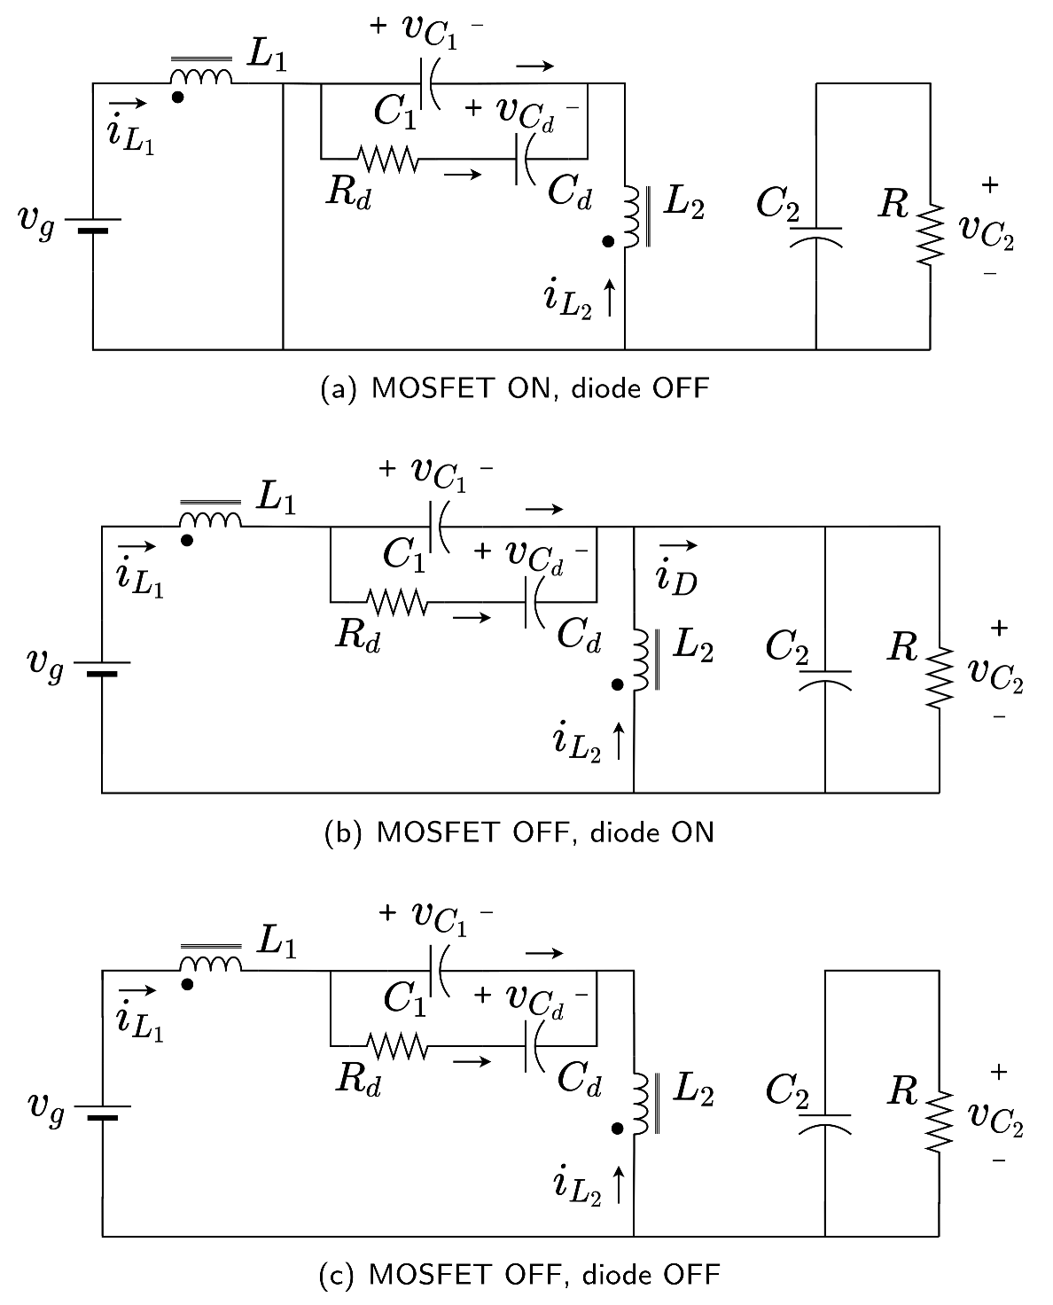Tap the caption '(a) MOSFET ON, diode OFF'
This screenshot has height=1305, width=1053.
[514, 388]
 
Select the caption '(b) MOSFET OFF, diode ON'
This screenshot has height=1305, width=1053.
[519, 832]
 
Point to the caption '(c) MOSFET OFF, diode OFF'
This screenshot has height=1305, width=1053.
[519, 1275]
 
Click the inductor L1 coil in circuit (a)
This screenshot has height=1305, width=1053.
[201, 77]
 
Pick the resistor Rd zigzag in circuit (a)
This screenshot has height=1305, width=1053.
[387, 160]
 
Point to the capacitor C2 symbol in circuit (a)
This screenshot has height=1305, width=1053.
[815, 235]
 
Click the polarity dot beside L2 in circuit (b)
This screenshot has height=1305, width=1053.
[618, 684]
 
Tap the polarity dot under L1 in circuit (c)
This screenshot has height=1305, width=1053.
[187, 984]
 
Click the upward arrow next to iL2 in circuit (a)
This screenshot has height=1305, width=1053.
[610, 299]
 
